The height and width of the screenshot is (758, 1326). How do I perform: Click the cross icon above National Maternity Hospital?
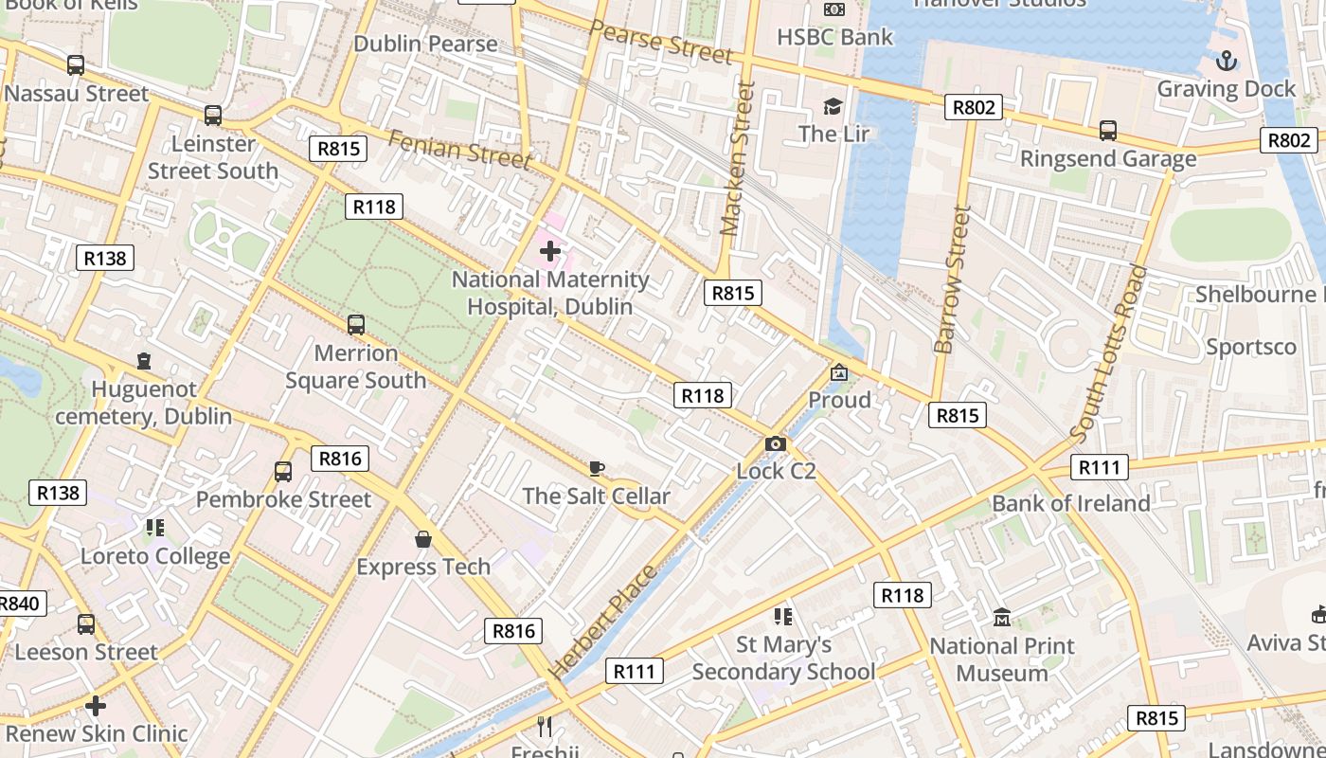click(550, 251)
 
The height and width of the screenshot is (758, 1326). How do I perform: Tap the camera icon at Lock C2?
click(775, 443)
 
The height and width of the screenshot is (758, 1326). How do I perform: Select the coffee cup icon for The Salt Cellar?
click(596, 468)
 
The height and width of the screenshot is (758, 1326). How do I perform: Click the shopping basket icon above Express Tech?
click(423, 539)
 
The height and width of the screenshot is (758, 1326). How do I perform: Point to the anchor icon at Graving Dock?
click(1227, 62)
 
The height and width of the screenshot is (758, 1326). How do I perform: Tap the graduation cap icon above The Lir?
click(833, 106)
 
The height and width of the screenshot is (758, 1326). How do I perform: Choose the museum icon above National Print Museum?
click(1001, 619)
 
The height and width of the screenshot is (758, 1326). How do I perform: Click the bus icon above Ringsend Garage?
click(1108, 131)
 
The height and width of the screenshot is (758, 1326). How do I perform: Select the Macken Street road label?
click(737, 158)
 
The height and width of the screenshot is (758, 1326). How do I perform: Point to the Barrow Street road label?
click(953, 280)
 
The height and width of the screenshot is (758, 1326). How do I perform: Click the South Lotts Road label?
click(1109, 353)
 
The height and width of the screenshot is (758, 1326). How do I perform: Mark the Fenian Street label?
click(459, 149)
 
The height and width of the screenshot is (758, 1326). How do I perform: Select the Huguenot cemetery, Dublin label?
click(143, 403)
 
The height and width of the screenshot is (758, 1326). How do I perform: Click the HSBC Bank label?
click(834, 37)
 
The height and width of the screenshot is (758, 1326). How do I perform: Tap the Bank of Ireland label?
click(1070, 503)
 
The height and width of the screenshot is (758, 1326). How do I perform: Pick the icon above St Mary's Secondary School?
click(782, 617)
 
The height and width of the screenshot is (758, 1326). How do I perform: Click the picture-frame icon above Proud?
click(839, 372)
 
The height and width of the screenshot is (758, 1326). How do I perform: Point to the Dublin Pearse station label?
click(425, 44)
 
